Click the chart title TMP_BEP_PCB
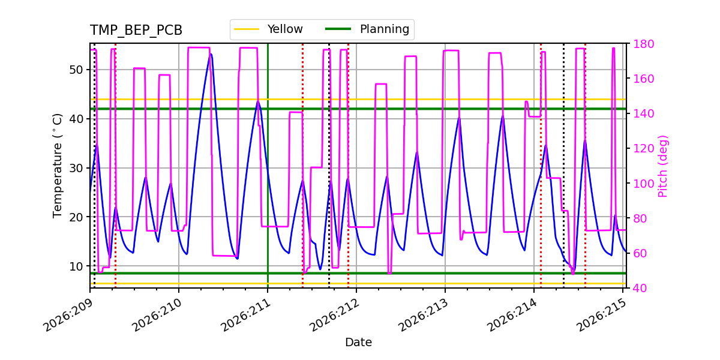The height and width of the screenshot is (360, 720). pyautogui.click(x=136, y=30)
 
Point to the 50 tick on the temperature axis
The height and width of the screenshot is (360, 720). pyautogui.click(x=76, y=70)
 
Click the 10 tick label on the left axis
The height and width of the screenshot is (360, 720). pyautogui.click(x=76, y=266)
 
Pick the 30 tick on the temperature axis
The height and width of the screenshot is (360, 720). pyautogui.click(x=76, y=168)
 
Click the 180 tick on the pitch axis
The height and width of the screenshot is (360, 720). pyautogui.click(x=643, y=44)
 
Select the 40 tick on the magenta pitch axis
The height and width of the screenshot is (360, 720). pyautogui.click(x=640, y=288)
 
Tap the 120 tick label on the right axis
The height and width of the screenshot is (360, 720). pyautogui.click(x=643, y=149)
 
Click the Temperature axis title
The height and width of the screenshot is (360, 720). pyautogui.click(x=57, y=166)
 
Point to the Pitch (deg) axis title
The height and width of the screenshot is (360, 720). pyautogui.click(x=663, y=166)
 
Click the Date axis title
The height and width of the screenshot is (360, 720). pyautogui.click(x=358, y=343)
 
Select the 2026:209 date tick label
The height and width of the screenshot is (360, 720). pyautogui.click(x=68, y=315)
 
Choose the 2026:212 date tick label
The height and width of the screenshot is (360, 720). pyautogui.click(x=335, y=315)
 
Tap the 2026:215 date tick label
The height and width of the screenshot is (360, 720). pyautogui.click(x=601, y=315)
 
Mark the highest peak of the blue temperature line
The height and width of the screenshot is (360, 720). pyautogui.click(x=211, y=54)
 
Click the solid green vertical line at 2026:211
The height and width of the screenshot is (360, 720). pyautogui.click(x=268, y=166)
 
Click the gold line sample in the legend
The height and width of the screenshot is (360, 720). pyautogui.click(x=247, y=29)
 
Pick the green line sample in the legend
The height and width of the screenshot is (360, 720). pyautogui.click(x=338, y=29)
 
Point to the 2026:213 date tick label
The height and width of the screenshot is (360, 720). pyautogui.click(x=424, y=315)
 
